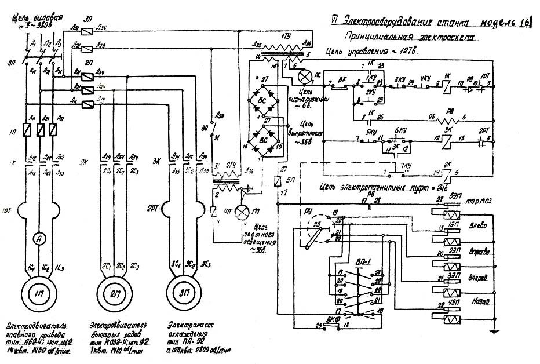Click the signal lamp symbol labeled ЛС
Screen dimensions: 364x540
point(304,76)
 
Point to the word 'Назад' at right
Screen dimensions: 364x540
point(480,303)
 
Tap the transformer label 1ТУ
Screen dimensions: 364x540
point(284,35)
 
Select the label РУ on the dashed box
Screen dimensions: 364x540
point(308,212)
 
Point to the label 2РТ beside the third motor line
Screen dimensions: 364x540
point(154,208)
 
